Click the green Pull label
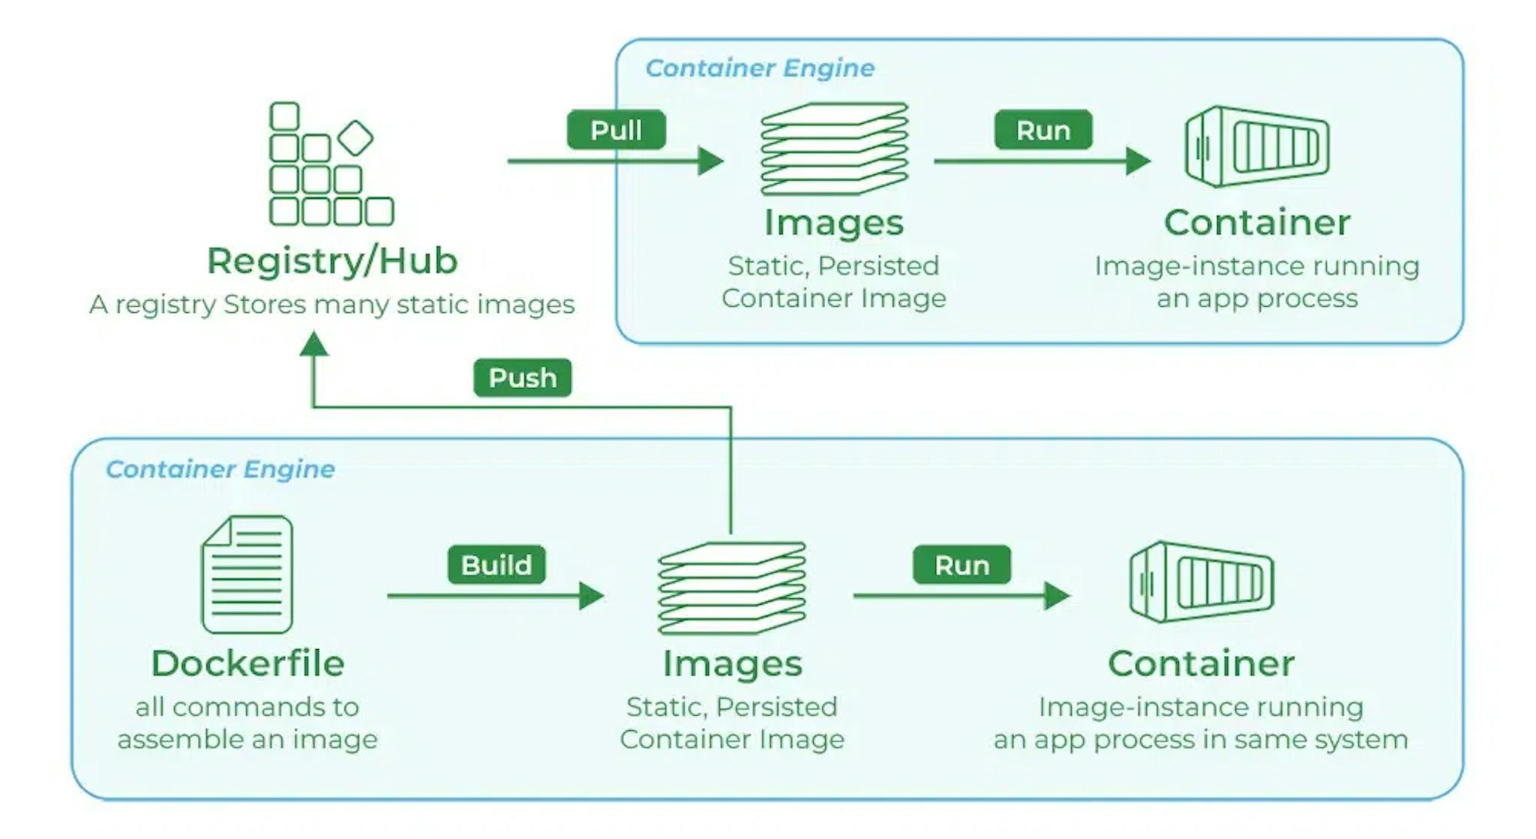click(616, 130)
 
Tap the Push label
click(522, 377)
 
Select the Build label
click(496, 565)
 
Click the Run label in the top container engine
click(1042, 130)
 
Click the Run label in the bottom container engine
click(961, 565)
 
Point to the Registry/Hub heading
click(332, 261)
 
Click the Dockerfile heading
click(247, 663)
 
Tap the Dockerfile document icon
click(247, 574)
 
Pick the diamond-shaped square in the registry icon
click(355, 138)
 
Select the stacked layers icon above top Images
click(834, 149)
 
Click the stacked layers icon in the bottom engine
click(732, 588)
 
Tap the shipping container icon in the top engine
click(1257, 147)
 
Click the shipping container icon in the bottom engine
click(1201, 582)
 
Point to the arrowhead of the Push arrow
click(313, 345)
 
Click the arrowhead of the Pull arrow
click(709, 161)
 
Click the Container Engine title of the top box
click(760, 68)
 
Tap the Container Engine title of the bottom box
click(220, 469)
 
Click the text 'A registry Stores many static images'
click(332, 305)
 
